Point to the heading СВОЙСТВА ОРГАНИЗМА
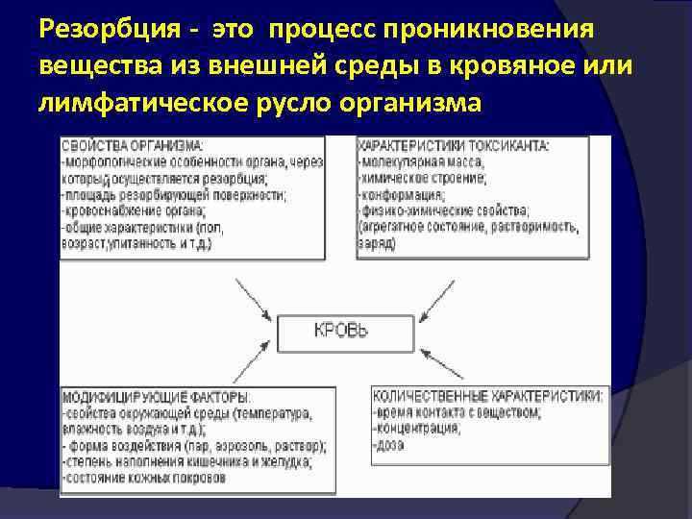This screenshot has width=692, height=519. [x=133, y=145]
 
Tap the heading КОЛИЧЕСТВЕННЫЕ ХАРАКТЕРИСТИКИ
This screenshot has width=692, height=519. [x=488, y=395]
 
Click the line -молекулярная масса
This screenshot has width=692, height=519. [x=422, y=161]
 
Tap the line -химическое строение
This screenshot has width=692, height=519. [x=422, y=178]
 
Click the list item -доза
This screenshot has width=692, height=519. [x=389, y=445]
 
